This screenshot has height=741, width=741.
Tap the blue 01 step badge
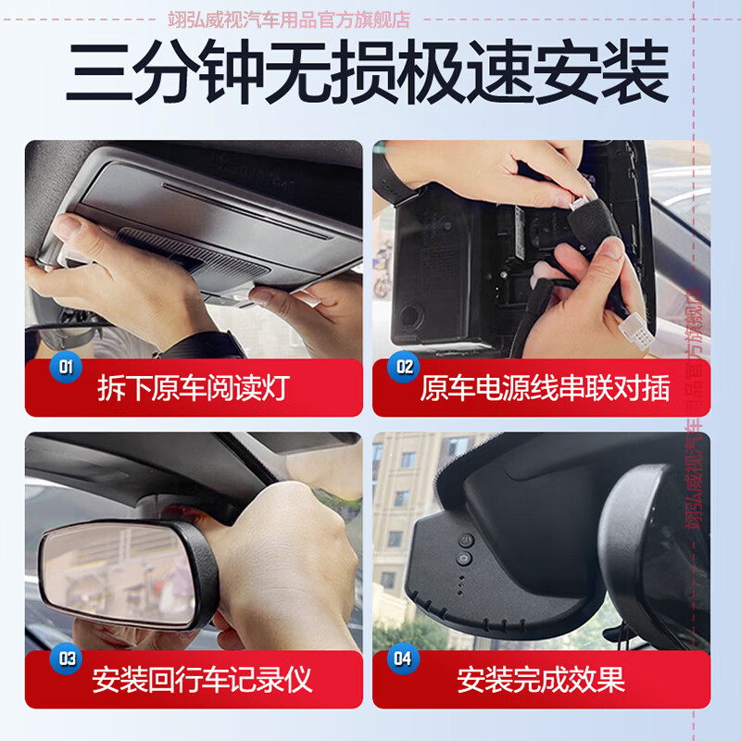66,367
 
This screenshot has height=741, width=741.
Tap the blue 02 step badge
405,367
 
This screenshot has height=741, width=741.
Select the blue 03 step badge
66,659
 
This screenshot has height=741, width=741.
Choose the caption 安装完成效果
541,680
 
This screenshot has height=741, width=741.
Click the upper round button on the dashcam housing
466,540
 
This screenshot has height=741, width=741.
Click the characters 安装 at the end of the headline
607,75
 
